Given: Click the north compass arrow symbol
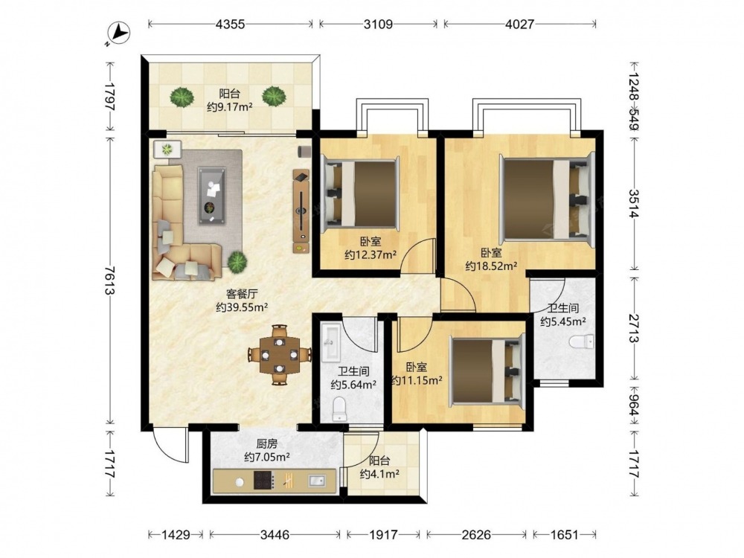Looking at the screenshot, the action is point(118,33).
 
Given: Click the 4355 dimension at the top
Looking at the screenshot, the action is point(230,24).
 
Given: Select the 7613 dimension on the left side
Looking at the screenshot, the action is point(109,280).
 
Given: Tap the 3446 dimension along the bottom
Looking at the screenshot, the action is point(275,535).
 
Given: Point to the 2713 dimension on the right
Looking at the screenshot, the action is point(635,327).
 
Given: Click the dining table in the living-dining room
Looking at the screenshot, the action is point(280,354).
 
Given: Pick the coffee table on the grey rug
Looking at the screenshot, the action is point(211,196).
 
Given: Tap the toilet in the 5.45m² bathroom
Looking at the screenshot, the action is point(581,341).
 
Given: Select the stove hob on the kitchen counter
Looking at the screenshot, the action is point(264,480).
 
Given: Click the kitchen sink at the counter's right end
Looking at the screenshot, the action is point(317,481).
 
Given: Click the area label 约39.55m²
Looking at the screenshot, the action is point(242,307).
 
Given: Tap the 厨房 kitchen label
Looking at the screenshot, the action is point(266,444).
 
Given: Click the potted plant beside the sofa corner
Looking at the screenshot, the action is point(237,261).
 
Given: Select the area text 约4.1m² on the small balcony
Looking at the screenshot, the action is point(379,473).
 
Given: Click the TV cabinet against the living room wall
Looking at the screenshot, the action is point(301,211).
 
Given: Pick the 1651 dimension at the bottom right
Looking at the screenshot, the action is point(565,535).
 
